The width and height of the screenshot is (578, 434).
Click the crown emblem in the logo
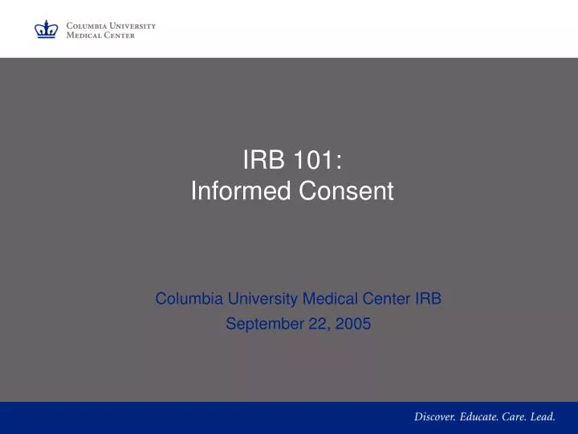(x=46, y=30)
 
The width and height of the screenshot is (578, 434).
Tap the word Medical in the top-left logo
(x=83, y=35)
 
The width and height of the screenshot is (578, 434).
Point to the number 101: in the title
(x=314, y=161)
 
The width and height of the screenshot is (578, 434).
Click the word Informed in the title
(x=232, y=191)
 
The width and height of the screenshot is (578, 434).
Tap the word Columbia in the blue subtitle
(x=188, y=299)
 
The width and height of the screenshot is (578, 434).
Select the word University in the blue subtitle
(x=262, y=299)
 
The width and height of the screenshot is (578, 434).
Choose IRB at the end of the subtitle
(x=428, y=299)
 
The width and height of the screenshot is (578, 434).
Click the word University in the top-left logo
(x=132, y=26)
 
